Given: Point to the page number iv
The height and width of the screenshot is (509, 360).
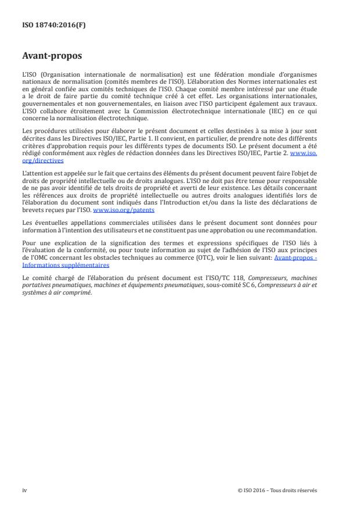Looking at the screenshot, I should point(24,490).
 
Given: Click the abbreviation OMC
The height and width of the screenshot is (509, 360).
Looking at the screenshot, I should point(38,258).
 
